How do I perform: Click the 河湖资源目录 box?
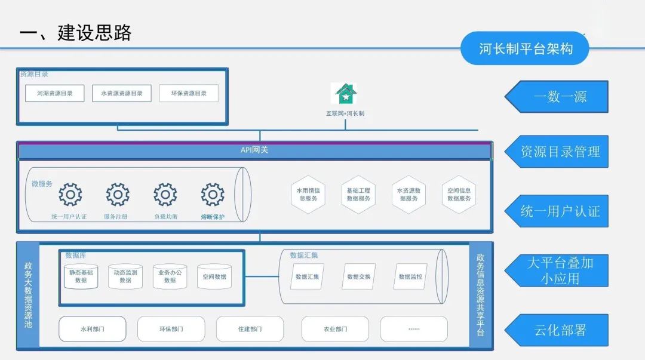tap(54, 93)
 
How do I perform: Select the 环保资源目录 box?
tap(189, 93)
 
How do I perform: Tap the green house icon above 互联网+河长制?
tap(345, 94)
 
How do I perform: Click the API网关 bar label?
tap(254, 150)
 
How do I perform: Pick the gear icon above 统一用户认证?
tap(70, 195)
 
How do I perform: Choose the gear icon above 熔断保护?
tap(213, 195)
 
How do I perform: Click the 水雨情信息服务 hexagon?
tap(308, 194)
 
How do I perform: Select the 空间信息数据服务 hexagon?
tap(459, 194)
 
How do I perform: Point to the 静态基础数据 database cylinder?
tap(81, 276)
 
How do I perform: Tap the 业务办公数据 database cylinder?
tap(170, 276)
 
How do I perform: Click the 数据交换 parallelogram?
tap(358, 276)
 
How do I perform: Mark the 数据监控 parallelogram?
tap(410, 276)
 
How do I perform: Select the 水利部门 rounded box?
tap(92, 329)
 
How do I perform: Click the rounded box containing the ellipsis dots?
tap(413, 329)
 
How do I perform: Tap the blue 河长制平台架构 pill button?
tap(525, 48)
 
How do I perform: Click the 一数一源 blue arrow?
tap(557, 97)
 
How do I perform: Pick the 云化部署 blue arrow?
tap(557, 330)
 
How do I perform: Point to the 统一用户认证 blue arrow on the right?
tap(557, 211)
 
